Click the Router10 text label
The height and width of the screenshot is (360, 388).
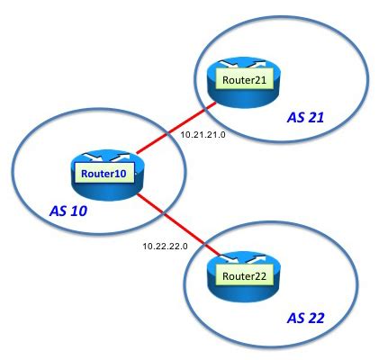tap(101, 174)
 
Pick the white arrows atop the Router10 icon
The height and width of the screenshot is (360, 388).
tap(101, 158)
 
